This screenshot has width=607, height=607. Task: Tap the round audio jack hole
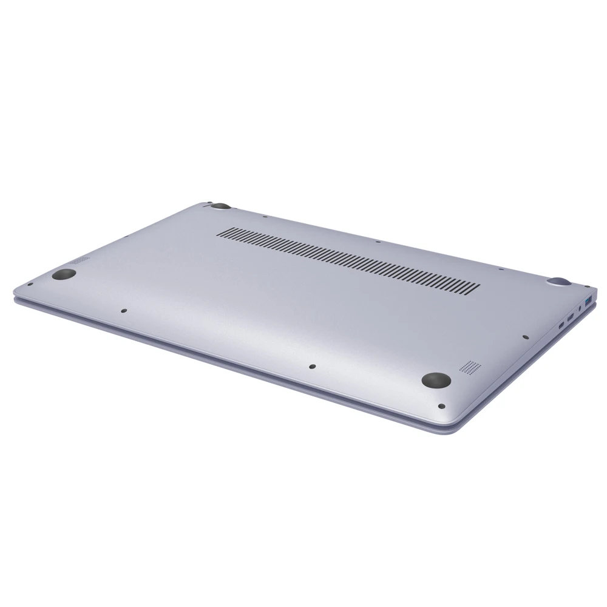click(x=580, y=309)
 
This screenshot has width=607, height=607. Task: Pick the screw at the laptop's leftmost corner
click(x=30, y=283)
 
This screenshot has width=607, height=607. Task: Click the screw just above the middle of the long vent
click(x=378, y=242)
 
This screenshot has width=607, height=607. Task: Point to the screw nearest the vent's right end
click(x=499, y=269)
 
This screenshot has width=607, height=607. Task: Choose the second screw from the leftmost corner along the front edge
click(x=123, y=311)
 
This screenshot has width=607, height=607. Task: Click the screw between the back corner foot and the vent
click(x=266, y=215)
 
